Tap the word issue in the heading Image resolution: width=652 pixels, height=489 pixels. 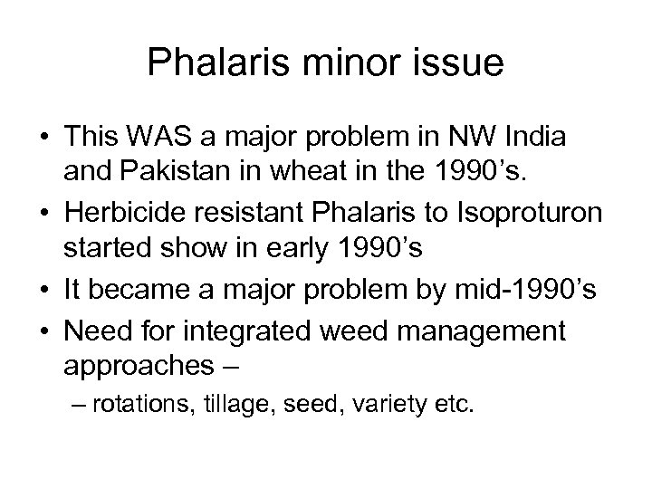pyautogui.click(x=458, y=65)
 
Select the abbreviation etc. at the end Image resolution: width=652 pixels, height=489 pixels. pyautogui.click(x=456, y=405)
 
